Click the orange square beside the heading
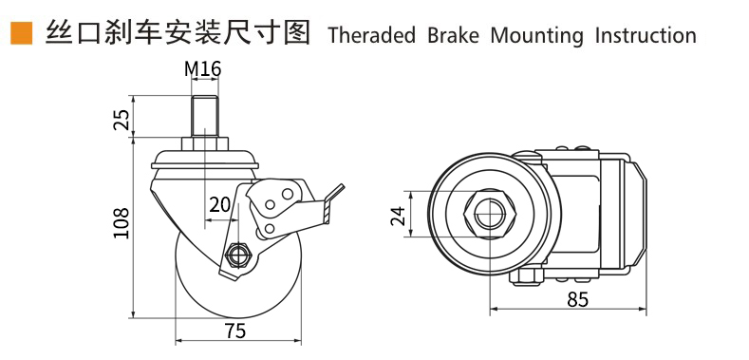click(22, 33)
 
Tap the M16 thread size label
click(203, 69)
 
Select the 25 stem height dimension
click(122, 120)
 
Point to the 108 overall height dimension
click(122, 223)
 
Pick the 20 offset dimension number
click(219, 204)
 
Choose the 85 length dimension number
click(578, 300)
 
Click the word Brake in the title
click(453, 35)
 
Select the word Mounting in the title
click(537, 36)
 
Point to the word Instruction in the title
click(646, 35)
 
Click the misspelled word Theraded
click(371, 35)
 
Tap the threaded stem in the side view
click(204, 117)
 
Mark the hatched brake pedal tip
click(333, 204)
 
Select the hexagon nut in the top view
click(489, 214)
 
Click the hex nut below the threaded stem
click(204, 143)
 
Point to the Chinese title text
click(178, 32)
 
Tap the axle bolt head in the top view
click(526, 276)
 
